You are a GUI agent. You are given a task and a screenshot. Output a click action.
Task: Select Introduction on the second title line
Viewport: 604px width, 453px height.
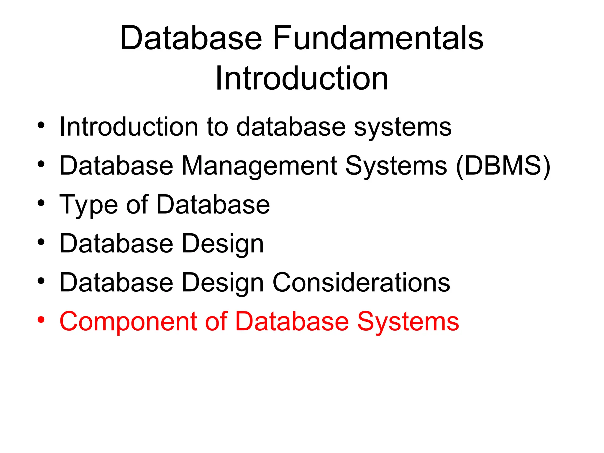302,78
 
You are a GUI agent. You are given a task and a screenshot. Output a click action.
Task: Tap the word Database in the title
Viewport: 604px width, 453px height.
191,38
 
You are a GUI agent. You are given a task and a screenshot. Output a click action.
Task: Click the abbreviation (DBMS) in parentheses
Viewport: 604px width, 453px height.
503,166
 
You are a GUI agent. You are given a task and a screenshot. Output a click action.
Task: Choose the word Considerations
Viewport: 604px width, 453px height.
361,282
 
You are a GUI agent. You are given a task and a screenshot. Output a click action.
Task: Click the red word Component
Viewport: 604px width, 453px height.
128,322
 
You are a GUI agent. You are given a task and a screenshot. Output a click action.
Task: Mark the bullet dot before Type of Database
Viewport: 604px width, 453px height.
41,203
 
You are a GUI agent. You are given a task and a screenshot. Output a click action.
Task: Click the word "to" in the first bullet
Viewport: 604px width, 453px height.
217,127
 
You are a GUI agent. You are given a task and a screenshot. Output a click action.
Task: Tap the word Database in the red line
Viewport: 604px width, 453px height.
292,321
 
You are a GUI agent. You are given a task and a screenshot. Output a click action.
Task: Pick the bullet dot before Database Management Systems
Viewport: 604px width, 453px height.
41,164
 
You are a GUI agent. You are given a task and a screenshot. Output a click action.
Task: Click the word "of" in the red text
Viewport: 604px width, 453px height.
216,321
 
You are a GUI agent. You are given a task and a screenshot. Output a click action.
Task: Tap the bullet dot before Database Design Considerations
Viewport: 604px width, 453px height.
41,281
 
